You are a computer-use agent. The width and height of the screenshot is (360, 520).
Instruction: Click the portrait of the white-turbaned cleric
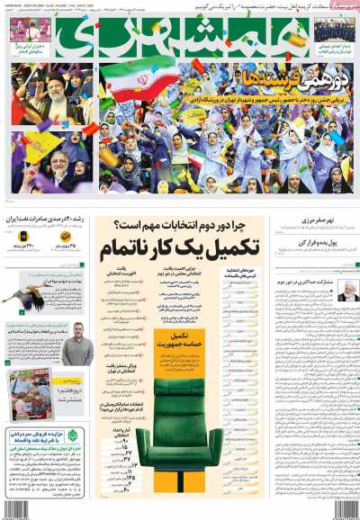pyautogui.click(x=346, y=290)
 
